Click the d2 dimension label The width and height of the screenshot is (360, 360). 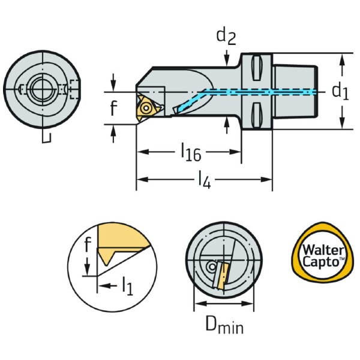point(225,37)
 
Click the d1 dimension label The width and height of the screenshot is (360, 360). point(339,91)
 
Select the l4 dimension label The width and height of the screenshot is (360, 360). point(203,179)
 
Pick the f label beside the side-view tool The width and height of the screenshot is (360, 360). point(113,109)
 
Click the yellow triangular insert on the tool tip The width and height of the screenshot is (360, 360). point(146,107)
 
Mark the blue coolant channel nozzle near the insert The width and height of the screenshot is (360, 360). point(177,109)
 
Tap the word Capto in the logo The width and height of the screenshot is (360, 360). point(323,262)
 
